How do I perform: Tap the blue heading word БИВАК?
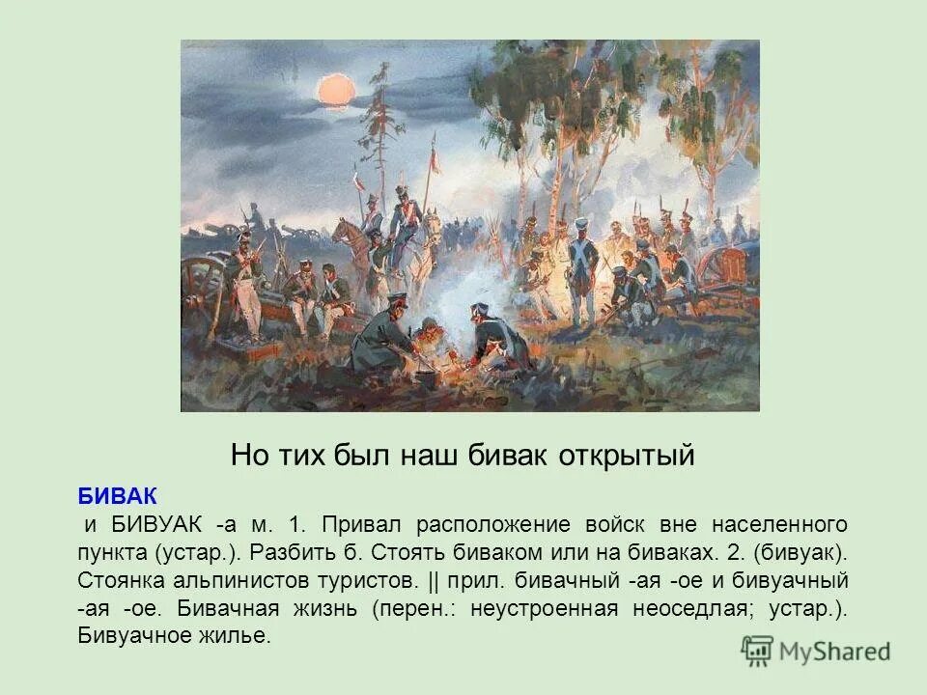[x=117, y=495]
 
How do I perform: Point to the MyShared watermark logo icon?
[x=758, y=650]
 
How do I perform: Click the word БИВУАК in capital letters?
[x=158, y=524]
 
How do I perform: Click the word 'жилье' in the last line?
[x=241, y=637]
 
